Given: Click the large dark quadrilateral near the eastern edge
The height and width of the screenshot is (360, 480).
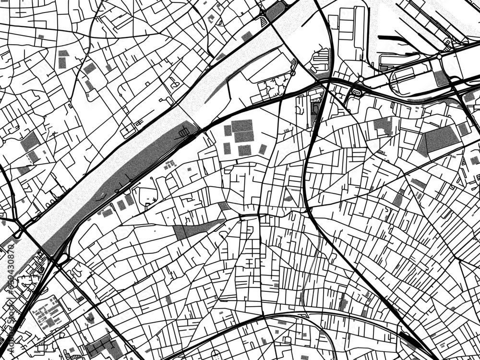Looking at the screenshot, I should click(439, 139).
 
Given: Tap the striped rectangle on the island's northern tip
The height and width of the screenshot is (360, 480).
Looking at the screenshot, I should click(184, 131).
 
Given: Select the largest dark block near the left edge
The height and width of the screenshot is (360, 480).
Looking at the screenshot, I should click(30, 141).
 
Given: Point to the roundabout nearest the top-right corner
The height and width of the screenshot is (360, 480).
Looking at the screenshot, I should click(440, 57).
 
